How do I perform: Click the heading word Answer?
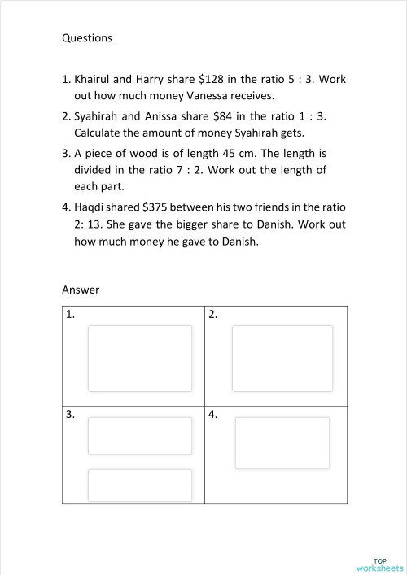(81, 289)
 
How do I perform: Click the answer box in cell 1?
(140, 359)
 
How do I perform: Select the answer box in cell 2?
(282, 359)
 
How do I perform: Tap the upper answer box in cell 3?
(140, 436)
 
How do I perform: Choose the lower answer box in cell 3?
(140, 485)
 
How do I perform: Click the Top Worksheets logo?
(380, 564)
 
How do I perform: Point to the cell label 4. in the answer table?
(213, 415)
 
